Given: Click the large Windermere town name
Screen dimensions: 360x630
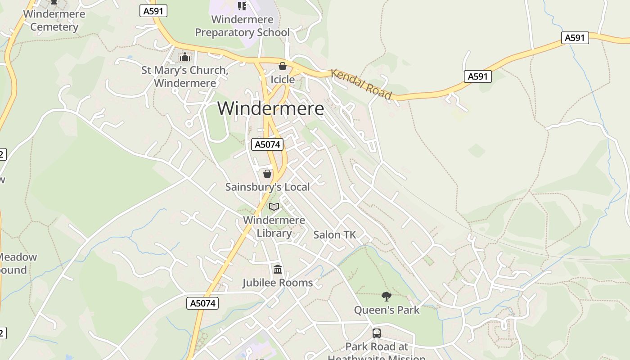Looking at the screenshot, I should pos(270,108).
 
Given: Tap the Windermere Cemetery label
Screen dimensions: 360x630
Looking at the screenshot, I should pos(54,20).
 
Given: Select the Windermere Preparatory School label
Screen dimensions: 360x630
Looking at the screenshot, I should pos(242,26).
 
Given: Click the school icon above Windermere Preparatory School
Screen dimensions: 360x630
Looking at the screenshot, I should pos(242,6).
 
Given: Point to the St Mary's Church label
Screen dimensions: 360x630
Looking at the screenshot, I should pos(184,76).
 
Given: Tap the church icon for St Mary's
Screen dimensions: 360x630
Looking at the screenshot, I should pos(184,57).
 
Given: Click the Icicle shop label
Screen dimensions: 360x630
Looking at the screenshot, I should pos(283,80).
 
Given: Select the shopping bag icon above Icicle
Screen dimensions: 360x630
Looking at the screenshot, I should pos(283,67).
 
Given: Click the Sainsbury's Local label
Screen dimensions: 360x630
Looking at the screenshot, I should pos(267,187).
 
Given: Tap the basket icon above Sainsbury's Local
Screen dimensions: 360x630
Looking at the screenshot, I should pos(267,174).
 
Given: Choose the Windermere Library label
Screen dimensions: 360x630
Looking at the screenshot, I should pos(274,226).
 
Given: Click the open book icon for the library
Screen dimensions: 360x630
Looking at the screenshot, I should pos(274,207).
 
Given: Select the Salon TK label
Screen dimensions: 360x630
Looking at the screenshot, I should pos(334,234).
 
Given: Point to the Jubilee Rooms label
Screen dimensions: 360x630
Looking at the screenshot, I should pos(278,283).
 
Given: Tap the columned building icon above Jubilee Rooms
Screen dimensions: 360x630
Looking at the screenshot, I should pos(278,270).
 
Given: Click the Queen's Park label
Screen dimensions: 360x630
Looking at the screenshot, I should pos(387,310).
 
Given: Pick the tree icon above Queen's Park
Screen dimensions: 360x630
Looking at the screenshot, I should pos(386,296).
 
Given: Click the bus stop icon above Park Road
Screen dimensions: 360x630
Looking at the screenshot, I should pos(377,333).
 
